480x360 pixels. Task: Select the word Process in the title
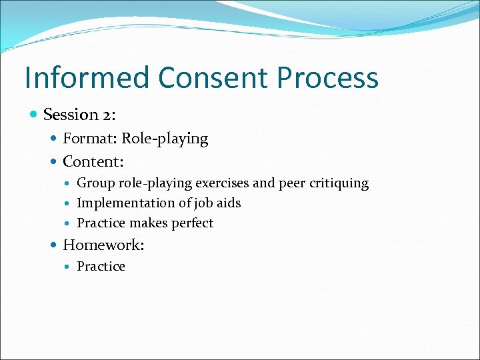[x=327, y=78]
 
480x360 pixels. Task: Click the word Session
[x=71, y=115]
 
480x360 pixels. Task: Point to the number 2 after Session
[x=107, y=115]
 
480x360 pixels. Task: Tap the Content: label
[x=93, y=161]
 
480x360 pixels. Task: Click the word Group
[x=95, y=183]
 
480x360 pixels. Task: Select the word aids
[x=228, y=203]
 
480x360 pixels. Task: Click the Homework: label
[x=103, y=245]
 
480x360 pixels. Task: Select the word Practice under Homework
[x=101, y=267]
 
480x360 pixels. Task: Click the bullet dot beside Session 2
[x=34, y=115]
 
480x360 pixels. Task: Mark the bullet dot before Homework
[x=54, y=245]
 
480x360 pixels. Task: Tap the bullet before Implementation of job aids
[x=69, y=203]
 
